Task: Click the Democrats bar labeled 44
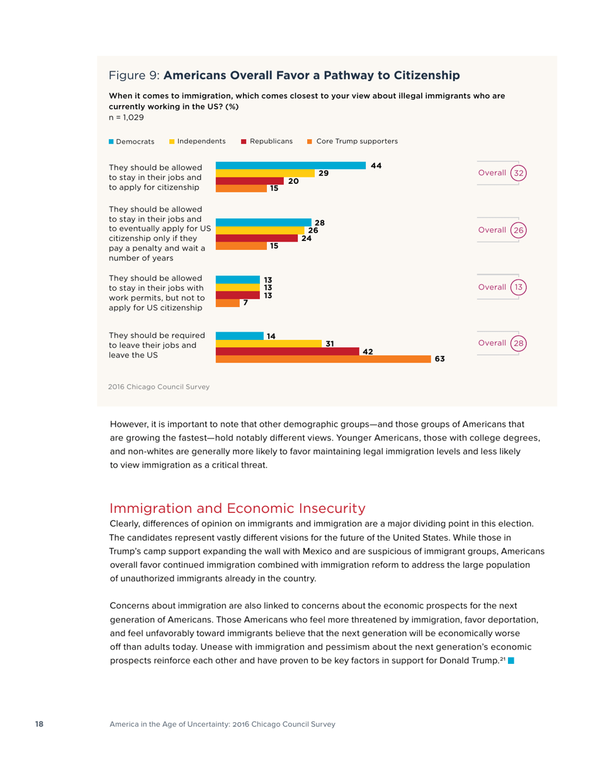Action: pos(290,165)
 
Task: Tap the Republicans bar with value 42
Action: pos(288,351)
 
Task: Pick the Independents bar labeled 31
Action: pos(268,344)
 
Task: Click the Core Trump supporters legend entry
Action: pos(352,141)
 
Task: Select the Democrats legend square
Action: pos(111,141)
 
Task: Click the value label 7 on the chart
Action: pos(245,303)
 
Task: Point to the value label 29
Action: pos(324,173)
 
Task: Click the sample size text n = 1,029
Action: pos(127,117)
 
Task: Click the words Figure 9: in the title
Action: pos(135,76)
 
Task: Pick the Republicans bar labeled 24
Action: pos(256,238)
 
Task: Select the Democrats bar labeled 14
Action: pos(239,336)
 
